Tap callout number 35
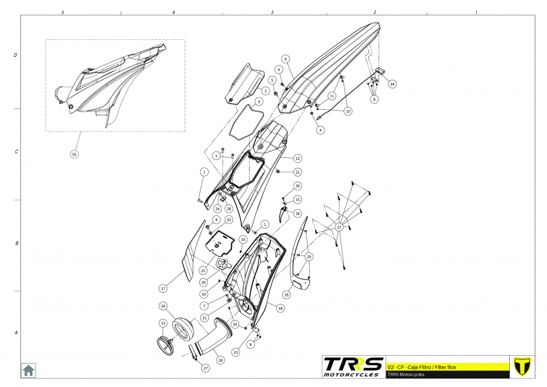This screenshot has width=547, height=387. point(74,154)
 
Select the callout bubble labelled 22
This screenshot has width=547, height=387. point(339,227)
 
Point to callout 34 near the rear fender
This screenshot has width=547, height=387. point(392,84)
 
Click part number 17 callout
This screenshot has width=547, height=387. point(163,288)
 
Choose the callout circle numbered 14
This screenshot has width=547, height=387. point(164,306)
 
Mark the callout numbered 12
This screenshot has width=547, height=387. point(297,158)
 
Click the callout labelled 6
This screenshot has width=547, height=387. point(285,59)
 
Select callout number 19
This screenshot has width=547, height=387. point(286,294)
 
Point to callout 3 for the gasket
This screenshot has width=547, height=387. point(258,101)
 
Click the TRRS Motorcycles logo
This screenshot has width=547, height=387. point(353,366)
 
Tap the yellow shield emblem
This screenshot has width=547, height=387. point(523,366)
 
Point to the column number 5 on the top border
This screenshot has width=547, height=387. point(63,12)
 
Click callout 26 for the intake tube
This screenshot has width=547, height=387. point(220,360)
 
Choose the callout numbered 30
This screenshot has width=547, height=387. point(297,186)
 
